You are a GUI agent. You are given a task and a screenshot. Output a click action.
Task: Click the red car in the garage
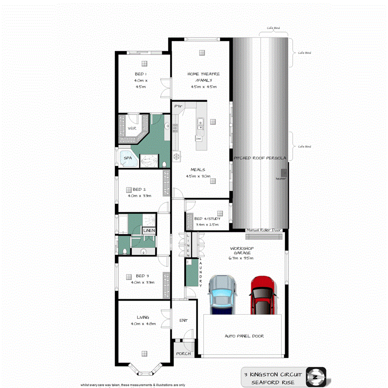click(262, 295)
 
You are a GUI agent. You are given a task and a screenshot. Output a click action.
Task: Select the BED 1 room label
click(140, 74)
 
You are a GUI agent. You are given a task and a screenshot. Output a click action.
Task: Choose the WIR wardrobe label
click(132, 128)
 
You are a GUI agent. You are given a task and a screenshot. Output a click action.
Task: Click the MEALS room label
click(199, 169)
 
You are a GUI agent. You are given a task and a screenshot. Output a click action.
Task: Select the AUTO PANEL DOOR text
click(244, 336)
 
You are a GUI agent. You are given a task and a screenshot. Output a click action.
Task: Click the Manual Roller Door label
click(264, 230)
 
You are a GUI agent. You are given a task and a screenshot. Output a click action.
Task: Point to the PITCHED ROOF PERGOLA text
click(260, 159)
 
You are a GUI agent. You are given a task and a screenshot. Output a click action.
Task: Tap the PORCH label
click(183, 354)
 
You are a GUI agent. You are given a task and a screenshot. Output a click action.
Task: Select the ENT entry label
click(183, 321)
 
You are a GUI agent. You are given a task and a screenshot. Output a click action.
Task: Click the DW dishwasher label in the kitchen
click(199, 139)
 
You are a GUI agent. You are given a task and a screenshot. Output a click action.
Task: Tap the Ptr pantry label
click(179, 107)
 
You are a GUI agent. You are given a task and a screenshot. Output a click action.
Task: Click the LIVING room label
click(137, 318)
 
